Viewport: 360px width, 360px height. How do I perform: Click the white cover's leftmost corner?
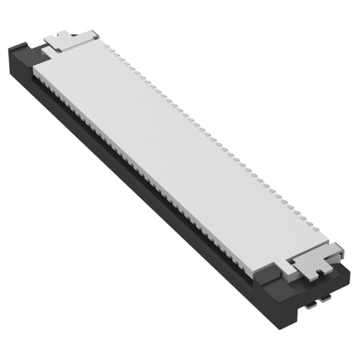[34, 70]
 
